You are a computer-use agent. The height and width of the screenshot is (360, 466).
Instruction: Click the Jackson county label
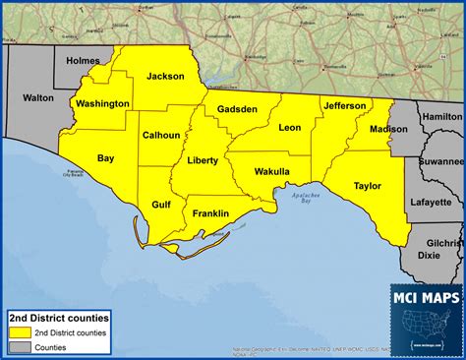(x=166, y=76)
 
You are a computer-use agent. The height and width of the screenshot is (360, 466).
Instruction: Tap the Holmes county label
(x=84, y=61)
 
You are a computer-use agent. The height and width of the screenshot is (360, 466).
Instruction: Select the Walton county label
(x=38, y=97)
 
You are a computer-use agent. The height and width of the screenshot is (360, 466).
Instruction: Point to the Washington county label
(x=101, y=103)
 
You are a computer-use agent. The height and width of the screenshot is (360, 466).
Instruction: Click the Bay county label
(x=105, y=157)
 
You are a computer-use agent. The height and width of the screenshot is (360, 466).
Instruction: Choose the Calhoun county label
(x=160, y=135)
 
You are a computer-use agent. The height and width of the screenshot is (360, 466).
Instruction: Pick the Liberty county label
(x=203, y=160)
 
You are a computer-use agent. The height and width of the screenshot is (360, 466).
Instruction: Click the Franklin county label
(x=210, y=213)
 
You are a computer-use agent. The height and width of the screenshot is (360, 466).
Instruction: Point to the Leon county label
(x=290, y=128)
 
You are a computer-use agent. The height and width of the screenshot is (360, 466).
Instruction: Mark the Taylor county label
(x=368, y=184)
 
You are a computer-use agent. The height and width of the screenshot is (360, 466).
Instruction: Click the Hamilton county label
(x=441, y=116)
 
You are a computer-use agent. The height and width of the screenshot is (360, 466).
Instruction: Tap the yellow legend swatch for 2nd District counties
(x=19, y=332)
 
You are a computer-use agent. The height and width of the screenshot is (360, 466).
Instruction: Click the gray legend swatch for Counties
(x=19, y=347)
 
